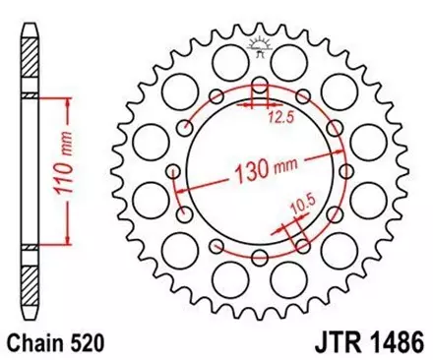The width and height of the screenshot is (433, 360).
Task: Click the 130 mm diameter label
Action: [x=268, y=176]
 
